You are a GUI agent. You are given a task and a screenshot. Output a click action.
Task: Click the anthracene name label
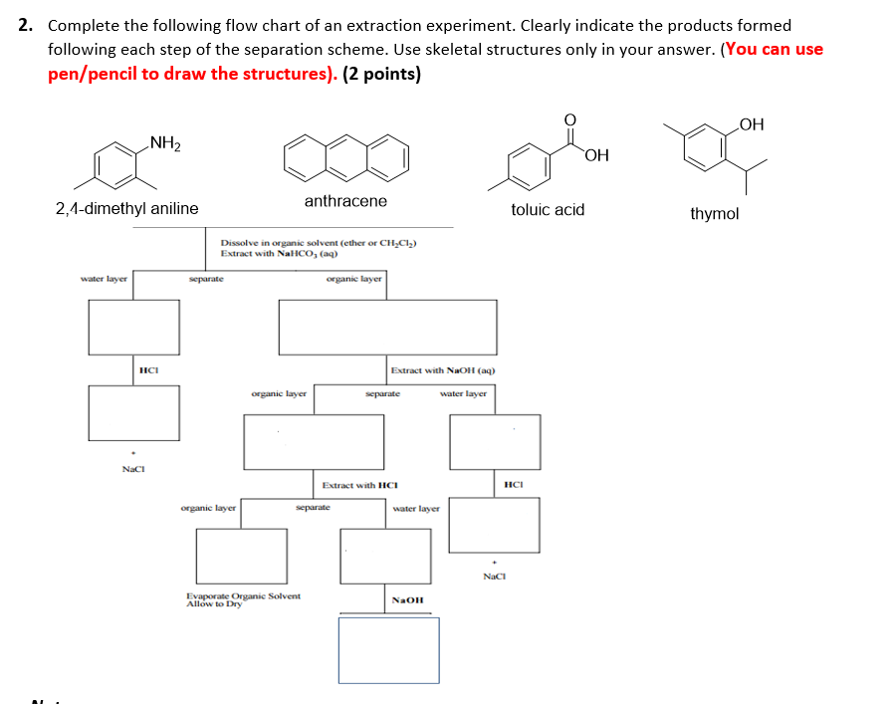coord(345,201)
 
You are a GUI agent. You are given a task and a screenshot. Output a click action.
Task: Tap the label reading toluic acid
coord(548,209)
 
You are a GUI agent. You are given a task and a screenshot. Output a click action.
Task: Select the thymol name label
coord(714,213)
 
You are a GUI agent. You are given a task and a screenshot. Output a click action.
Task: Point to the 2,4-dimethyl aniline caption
coord(126,208)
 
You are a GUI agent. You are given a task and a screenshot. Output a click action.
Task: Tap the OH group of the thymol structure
coord(752,124)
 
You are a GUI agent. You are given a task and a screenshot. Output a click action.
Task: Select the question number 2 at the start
coord(25,25)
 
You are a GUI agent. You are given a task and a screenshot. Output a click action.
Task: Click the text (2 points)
coord(381,75)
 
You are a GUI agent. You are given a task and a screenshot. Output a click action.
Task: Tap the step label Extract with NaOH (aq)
coord(442,370)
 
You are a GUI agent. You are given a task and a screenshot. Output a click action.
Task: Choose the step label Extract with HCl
coord(359,485)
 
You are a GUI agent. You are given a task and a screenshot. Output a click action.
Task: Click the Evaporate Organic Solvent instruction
coord(243,596)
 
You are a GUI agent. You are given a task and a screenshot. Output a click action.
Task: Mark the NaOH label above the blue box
coord(408,600)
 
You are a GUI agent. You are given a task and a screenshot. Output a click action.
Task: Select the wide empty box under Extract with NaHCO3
coord(387,326)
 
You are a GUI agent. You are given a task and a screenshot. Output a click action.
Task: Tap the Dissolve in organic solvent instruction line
coord(318,243)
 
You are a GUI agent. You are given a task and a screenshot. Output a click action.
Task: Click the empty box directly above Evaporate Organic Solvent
coord(241,555)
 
